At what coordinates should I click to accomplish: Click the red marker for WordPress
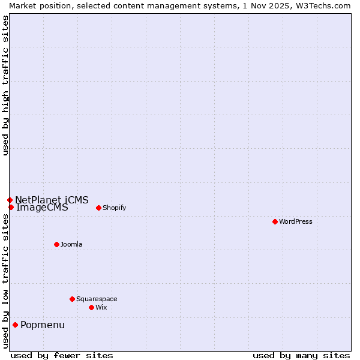(x=275, y=221)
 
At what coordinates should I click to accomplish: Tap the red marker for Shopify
(x=98, y=208)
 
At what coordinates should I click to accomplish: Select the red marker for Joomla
(x=56, y=244)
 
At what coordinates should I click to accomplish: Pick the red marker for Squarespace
(x=72, y=299)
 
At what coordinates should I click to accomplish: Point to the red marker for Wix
(x=91, y=307)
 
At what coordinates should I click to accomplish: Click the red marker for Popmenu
(x=15, y=325)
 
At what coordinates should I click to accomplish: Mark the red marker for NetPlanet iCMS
(x=10, y=200)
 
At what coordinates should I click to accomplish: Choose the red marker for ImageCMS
(x=11, y=207)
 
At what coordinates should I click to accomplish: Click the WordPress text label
(x=296, y=221)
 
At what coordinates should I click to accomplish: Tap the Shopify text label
(x=114, y=208)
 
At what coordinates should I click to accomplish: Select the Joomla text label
(x=71, y=244)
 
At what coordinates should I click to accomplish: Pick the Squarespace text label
(x=97, y=299)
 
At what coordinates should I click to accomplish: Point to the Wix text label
(x=101, y=307)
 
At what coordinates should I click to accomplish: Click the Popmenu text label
(x=43, y=325)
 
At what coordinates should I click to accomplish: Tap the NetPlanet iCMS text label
(x=52, y=200)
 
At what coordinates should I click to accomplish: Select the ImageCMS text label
(x=42, y=208)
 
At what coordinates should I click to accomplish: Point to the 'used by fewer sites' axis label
(x=62, y=355)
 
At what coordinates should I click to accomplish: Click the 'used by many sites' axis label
(x=301, y=355)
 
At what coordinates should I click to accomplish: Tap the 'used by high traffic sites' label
(x=5, y=86)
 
